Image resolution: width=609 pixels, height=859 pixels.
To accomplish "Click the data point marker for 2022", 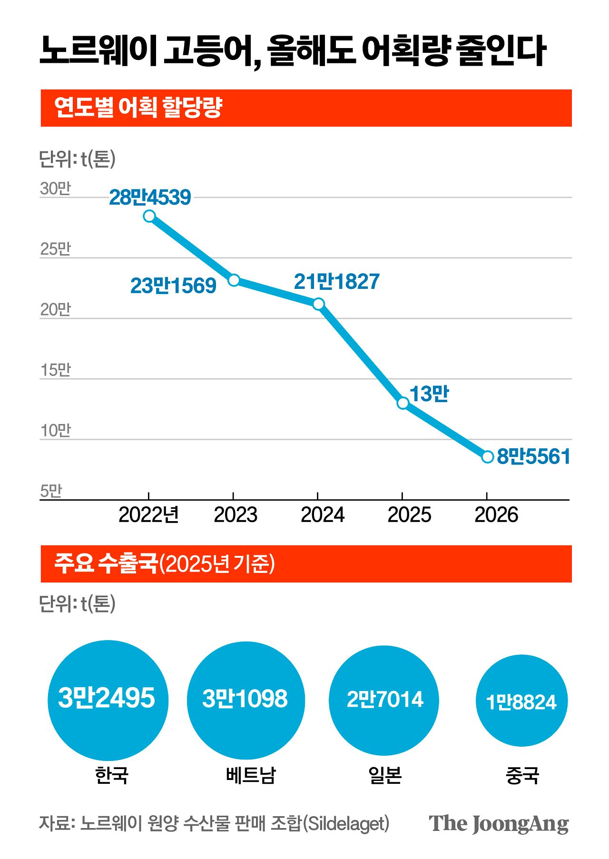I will (149, 216).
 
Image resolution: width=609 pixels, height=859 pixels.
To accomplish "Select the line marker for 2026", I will (488, 457).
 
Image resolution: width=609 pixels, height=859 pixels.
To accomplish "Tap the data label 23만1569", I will (173, 286).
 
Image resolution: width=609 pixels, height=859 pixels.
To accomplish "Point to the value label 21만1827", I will (336, 282).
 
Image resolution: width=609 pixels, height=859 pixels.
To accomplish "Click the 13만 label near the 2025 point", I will (429, 394).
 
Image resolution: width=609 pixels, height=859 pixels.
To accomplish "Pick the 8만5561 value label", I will (533, 457).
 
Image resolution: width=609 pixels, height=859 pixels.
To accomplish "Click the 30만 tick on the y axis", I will (55, 188).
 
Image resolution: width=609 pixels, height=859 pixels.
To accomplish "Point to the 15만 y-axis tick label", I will (55, 370).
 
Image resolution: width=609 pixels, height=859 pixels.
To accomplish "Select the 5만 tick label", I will (51, 491).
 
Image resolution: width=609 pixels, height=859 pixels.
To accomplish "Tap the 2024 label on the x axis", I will (322, 515).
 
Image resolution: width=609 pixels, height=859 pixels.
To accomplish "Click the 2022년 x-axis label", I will (148, 515).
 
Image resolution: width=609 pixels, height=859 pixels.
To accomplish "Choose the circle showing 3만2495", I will (108, 700).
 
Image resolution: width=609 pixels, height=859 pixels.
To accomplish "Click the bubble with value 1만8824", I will (521, 701).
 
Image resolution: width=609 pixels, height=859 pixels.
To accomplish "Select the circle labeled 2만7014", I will (384, 700).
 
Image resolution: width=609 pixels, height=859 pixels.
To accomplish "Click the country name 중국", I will (522, 776).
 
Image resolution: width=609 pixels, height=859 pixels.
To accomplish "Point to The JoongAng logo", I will (498, 824).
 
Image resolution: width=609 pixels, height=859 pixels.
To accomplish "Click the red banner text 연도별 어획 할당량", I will (138, 108).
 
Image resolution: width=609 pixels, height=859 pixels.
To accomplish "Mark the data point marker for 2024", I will (319, 304).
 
